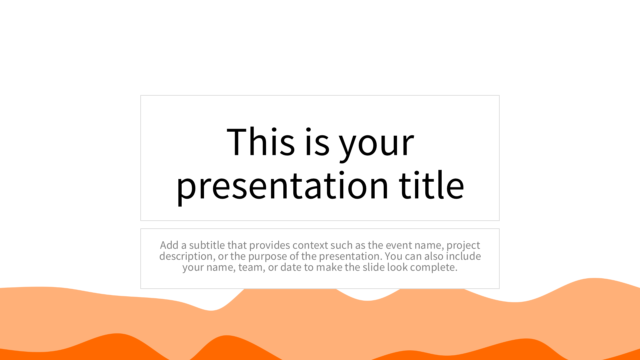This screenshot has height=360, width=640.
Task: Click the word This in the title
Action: pyautogui.click(x=261, y=142)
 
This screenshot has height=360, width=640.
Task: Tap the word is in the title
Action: pyautogui.click(x=317, y=142)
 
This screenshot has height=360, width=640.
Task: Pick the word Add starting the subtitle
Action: pyautogui.click(x=169, y=245)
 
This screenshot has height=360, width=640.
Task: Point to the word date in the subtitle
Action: pyautogui.click(x=291, y=267)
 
